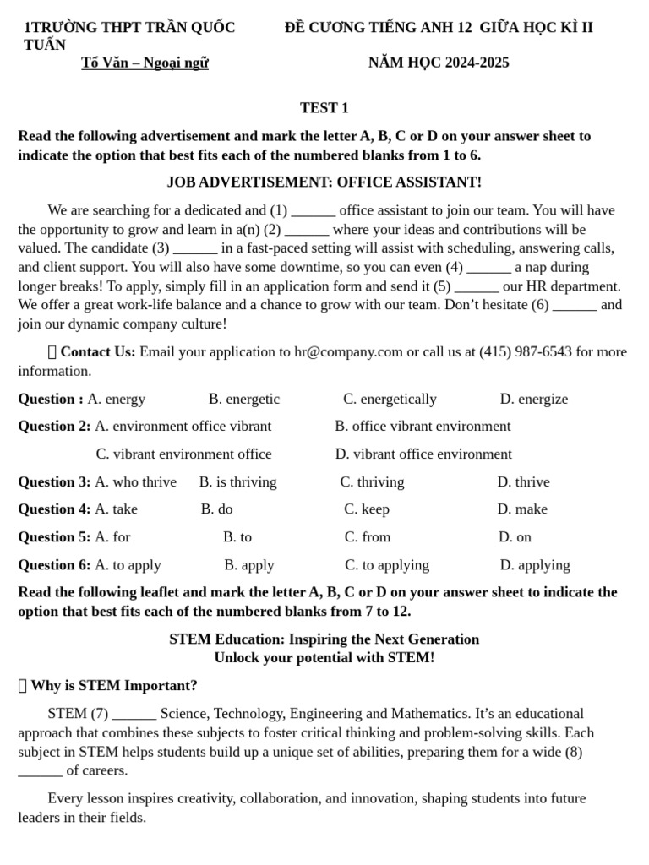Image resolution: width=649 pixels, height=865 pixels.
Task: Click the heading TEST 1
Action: [x=324, y=108]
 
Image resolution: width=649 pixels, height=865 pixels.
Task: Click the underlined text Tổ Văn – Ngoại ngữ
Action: [x=145, y=63]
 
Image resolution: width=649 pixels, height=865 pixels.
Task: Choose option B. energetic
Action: [x=244, y=400]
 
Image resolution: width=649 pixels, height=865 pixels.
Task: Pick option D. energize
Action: [x=533, y=400]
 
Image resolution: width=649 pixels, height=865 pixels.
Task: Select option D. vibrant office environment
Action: [x=423, y=454]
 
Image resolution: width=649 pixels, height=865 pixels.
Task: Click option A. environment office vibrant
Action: [x=183, y=427]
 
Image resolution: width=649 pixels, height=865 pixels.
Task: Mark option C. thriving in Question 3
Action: [x=372, y=482]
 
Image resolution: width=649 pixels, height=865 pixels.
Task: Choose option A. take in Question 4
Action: [x=116, y=509]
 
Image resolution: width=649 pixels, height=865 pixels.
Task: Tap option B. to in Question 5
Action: [x=237, y=537]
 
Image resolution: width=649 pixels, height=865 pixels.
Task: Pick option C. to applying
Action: [x=387, y=565]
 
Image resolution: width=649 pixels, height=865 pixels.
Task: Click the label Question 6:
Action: [x=54, y=565]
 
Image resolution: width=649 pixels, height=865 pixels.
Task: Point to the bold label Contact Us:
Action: [x=97, y=352]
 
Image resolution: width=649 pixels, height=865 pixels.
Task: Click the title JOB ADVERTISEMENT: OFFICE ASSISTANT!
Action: [x=324, y=182]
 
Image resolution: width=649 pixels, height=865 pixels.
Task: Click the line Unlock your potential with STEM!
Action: [x=324, y=658]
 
